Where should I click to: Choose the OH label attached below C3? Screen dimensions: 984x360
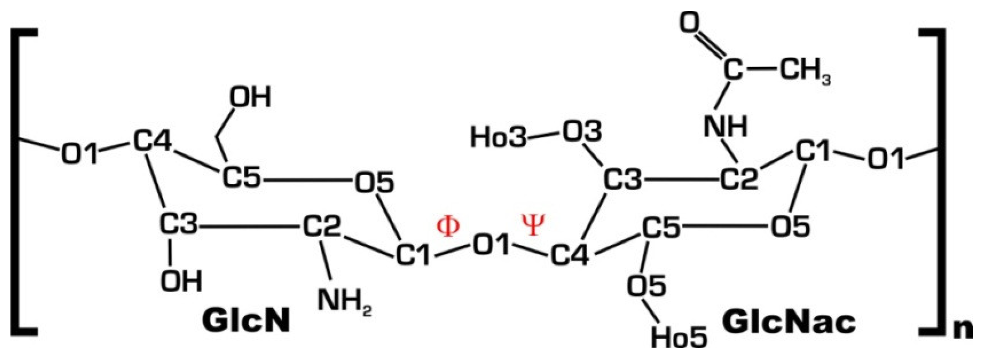coord(181,281)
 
